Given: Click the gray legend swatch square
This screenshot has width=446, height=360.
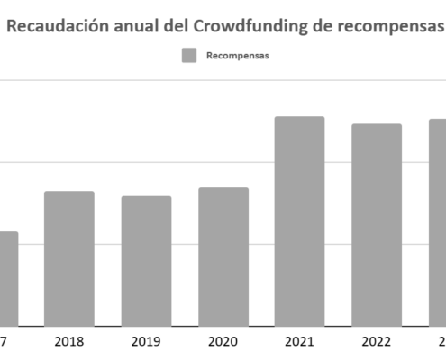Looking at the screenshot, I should pyautogui.click(x=189, y=56).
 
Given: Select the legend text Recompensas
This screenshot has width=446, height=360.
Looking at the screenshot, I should pyautogui.click(x=238, y=56).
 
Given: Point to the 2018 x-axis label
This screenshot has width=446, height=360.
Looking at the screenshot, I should pyautogui.click(x=69, y=342).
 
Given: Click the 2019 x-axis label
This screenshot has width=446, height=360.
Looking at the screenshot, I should pyautogui.click(x=146, y=342).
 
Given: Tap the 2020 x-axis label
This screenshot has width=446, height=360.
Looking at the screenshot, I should pyautogui.click(x=223, y=342).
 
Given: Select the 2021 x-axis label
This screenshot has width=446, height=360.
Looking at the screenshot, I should pyautogui.click(x=300, y=342).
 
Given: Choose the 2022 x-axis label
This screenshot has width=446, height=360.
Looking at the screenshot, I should pyautogui.click(x=377, y=342).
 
